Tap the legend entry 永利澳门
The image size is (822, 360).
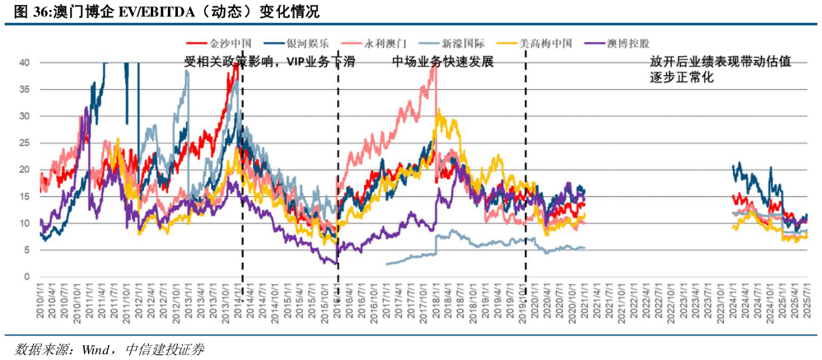tap(389, 44)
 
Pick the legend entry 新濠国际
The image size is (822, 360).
tap(470, 44)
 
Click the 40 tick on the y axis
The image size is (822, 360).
tap(25, 63)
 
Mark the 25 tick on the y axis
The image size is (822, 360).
tap(25, 143)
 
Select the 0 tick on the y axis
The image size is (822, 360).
tap(27, 278)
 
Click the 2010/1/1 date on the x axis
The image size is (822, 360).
tap(40, 306)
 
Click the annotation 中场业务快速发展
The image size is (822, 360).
tap(442, 63)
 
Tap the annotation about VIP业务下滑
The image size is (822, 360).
tap(269, 63)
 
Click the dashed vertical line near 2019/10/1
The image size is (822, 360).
tap(525, 165)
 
